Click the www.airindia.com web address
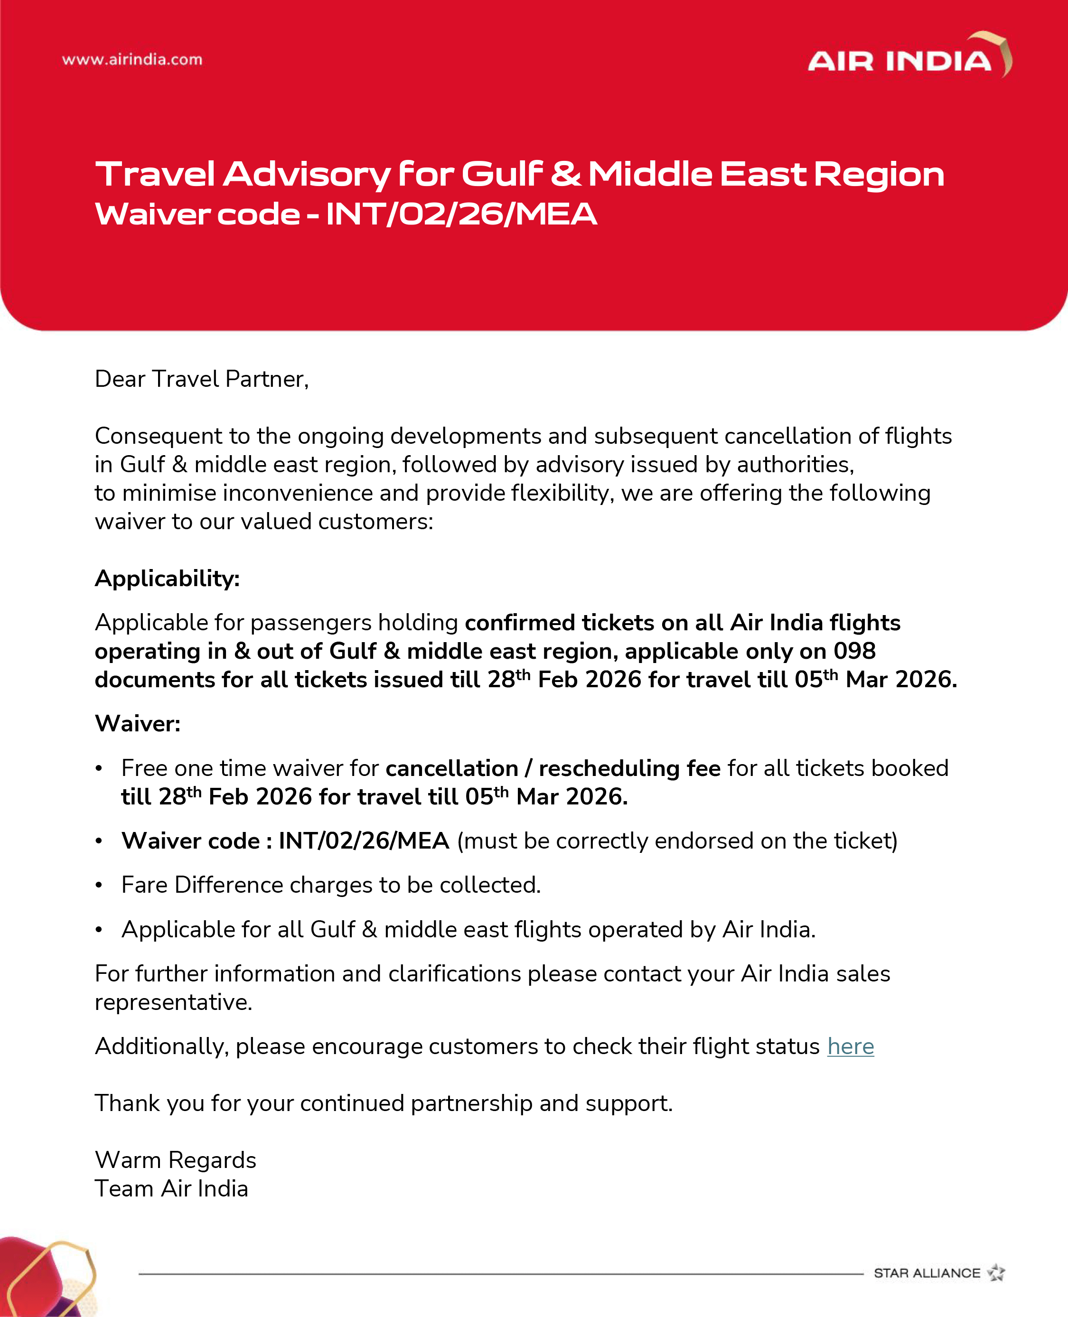[x=132, y=60]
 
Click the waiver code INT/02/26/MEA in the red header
[x=461, y=214]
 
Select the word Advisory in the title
[x=306, y=174]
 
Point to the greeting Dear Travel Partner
[x=201, y=379]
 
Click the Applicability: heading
[x=167, y=578]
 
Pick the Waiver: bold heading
[x=138, y=723]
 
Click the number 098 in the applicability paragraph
[x=854, y=651]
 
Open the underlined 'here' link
[x=850, y=1046]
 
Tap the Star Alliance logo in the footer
[x=939, y=1273]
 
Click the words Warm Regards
[x=175, y=1160]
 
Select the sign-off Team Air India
[x=171, y=1188]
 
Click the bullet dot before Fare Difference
[x=98, y=885]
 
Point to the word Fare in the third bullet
[x=145, y=885]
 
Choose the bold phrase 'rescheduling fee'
[x=629, y=768]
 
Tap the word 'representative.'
[x=173, y=1002]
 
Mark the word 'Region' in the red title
[x=879, y=175]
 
